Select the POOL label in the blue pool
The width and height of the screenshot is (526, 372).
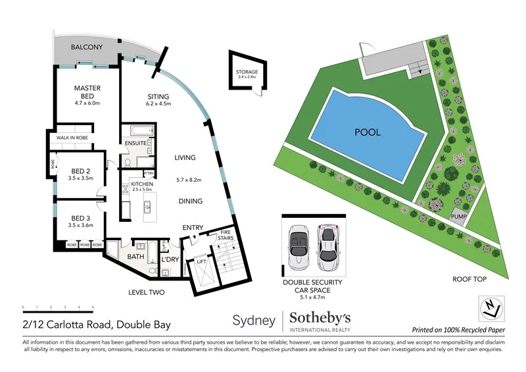point(368,132)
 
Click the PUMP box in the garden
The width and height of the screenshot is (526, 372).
point(458,215)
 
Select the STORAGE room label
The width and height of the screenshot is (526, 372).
point(247,72)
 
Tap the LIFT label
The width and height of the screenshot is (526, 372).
point(202,261)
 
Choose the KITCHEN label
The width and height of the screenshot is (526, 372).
point(142,184)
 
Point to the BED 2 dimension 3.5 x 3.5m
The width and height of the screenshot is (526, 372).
point(81,178)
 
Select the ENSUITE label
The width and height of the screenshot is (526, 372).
point(135,143)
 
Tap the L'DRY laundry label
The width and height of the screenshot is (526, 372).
point(170,259)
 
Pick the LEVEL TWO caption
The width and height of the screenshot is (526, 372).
point(147,292)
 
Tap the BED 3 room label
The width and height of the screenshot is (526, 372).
point(81,218)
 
